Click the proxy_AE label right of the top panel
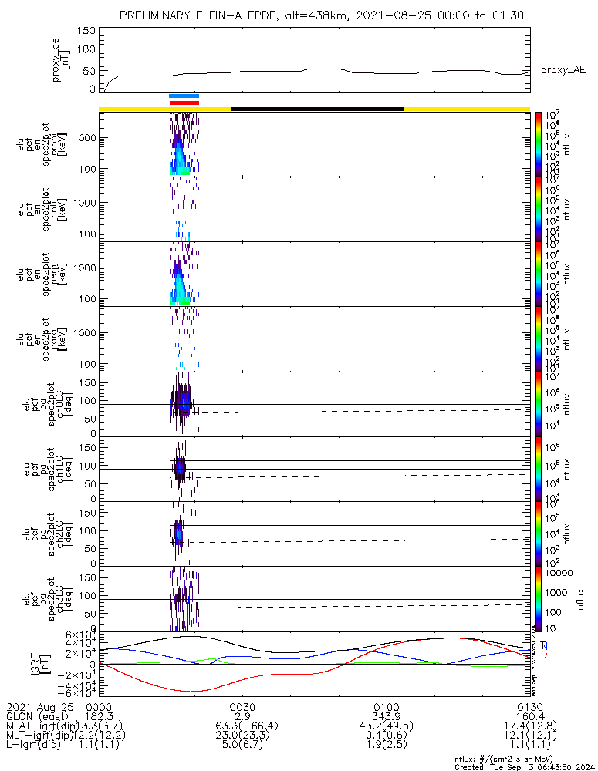point(563,70)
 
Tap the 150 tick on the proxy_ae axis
point(87,30)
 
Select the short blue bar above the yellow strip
point(184,96)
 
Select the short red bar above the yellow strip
point(184,102)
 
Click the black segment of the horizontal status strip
point(317,109)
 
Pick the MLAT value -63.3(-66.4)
point(242,727)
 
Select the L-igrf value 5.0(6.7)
point(242,747)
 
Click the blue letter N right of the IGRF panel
point(545,645)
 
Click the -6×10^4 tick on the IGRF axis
point(83,692)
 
